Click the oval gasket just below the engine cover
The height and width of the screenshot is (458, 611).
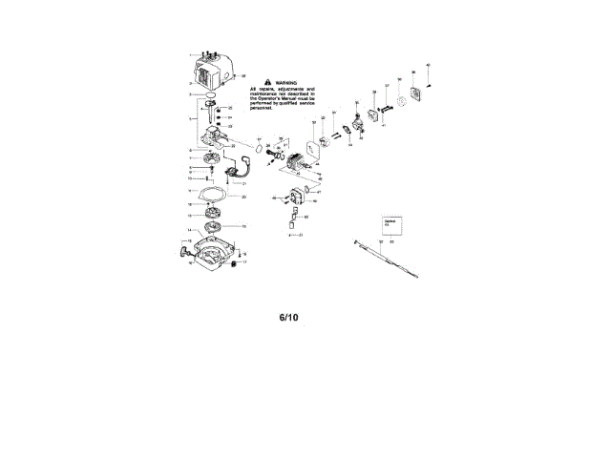pos(207,95)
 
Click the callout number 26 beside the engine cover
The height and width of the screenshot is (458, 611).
pos(244,75)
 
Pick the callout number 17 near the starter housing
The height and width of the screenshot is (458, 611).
pos(244,261)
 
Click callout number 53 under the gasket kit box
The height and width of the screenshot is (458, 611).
pos(391,242)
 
